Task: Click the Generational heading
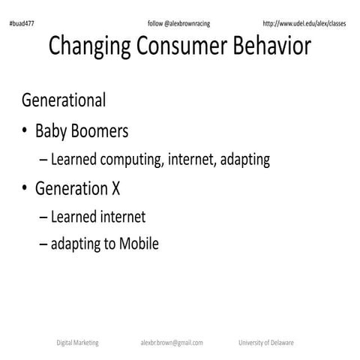coord(64,100)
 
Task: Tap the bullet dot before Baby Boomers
coord(25,132)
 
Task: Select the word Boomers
coord(100,131)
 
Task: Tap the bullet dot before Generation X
coord(25,190)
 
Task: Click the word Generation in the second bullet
coord(71,189)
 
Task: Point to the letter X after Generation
coord(115,189)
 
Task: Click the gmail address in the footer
coord(171,342)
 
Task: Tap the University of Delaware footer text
coord(265,342)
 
